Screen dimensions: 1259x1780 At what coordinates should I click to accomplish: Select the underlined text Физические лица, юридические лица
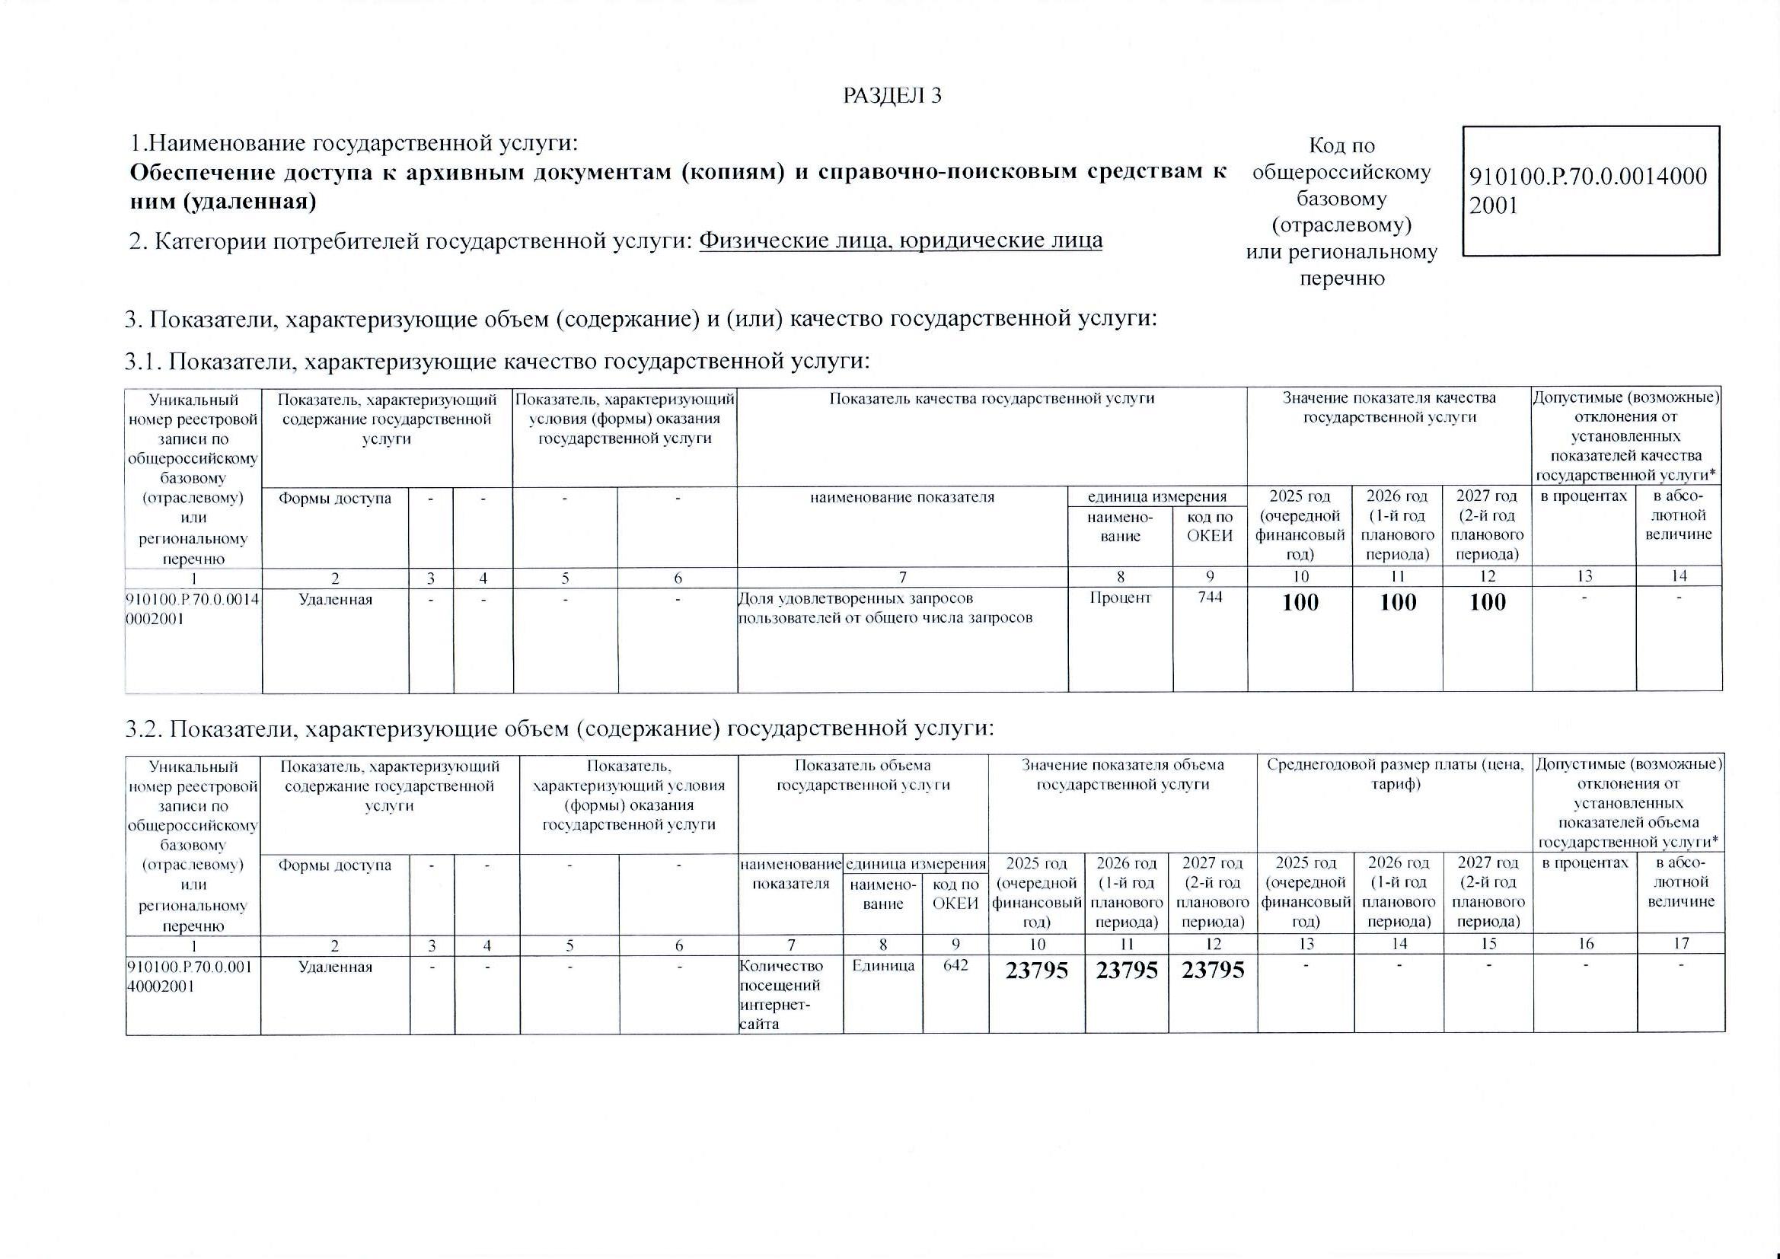tap(900, 241)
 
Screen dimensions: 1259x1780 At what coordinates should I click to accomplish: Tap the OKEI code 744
tap(1210, 598)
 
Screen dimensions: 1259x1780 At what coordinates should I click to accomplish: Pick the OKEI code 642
tap(955, 965)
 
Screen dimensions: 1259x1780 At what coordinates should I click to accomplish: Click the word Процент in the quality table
tap(1120, 598)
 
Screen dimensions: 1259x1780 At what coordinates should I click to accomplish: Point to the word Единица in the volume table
tap(882, 966)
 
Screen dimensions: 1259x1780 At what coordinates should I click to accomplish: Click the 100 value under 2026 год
tap(1398, 602)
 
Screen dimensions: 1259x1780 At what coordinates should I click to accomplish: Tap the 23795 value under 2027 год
tap(1213, 971)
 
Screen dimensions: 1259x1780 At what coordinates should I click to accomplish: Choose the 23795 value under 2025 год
tap(1036, 971)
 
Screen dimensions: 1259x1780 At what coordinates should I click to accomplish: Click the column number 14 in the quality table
tap(1679, 576)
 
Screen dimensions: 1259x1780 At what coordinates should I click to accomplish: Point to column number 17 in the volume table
tap(1681, 943)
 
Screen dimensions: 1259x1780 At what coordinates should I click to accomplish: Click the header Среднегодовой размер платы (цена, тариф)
tap(1395, 774)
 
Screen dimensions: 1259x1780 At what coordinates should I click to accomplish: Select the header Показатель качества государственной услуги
tap(991, 398)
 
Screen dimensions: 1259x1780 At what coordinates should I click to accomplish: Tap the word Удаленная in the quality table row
tap(335, 599)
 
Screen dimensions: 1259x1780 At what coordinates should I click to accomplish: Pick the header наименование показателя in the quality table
tap(901, 497)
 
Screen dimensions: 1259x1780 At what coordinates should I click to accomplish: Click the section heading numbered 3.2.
tap(558, 728)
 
